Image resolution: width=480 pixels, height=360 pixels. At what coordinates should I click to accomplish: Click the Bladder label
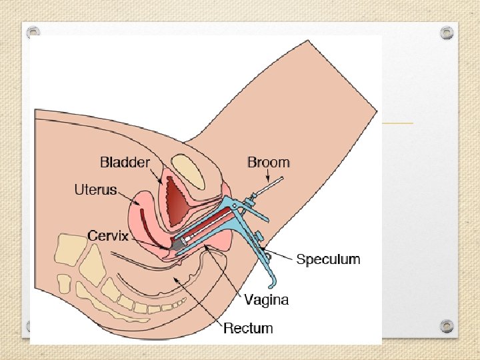[125, 162]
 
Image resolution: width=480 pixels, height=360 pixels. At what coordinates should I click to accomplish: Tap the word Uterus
[95, 190]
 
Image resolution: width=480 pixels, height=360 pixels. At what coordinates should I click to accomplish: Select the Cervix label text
[108, 236]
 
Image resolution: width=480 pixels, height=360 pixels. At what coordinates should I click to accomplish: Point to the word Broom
[268, 162]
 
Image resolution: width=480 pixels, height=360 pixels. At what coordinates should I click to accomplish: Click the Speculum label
[328, 259]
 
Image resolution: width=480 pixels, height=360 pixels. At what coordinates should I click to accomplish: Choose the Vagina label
[266, 299]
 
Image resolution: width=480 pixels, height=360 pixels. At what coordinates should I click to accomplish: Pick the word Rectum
[248, 328]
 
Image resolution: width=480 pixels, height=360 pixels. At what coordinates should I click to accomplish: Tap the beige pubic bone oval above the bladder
[188, 171]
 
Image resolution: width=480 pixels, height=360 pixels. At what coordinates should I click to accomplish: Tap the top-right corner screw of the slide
[447, 32]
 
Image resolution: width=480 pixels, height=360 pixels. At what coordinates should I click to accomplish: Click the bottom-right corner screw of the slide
[447, 325]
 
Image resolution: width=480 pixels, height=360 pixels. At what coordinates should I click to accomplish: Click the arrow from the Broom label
[269, 176]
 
